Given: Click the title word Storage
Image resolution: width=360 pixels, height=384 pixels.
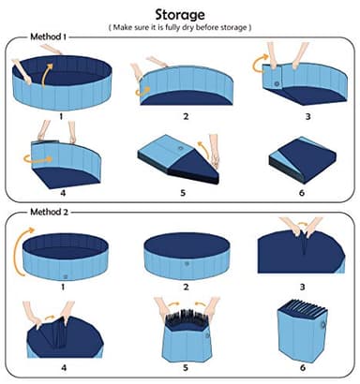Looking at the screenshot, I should tap(180, 12).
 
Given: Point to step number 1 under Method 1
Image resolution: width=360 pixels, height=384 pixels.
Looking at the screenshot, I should tap(61, 118).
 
